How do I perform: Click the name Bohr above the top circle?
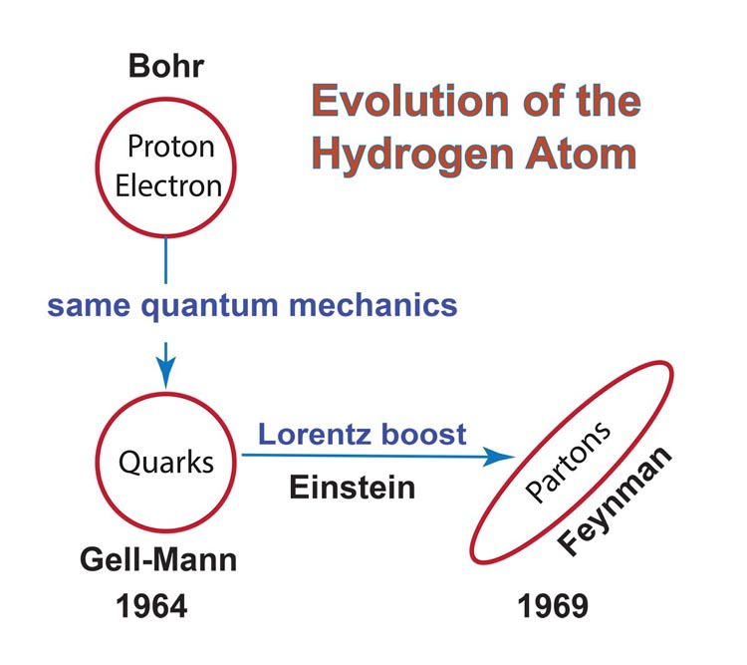pyautogui.click(x=166, y=66)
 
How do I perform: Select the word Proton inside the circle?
pyautogui.click(x=171, y=146)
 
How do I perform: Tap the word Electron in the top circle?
pyautogui.click(x=168, y=185)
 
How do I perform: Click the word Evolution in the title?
pyautogui.click(x=410, y=101)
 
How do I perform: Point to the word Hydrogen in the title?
pyautogui.click(x=412, y=156)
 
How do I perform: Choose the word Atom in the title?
pyautogui.click(x=581, y=154)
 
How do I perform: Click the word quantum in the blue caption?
pyautogui.click(x=209, y=307)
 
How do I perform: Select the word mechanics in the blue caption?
pyautogui.click(x=373, y=305)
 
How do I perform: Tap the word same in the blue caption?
pyautogui.click(x=89, y=306)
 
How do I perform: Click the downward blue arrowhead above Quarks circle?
pyautogui.click(x=165, y=372)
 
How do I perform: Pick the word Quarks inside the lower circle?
pyautogui.click(x=166, y=463)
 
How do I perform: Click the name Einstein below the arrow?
pyautogui.click(x=353, y=488)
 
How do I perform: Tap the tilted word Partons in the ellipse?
pyautogui.click(x=567, y=463)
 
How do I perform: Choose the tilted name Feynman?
pyautogui.click(x=615, y=500)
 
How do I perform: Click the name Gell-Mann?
pyautogui.click(x=158, y=559)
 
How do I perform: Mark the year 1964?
pyautogui.click(x=151, y=606)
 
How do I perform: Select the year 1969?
pyautogui.click(x=553, y=606)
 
